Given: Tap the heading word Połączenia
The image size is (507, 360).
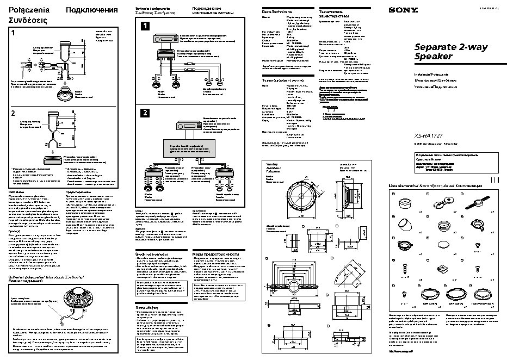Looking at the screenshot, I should point(26,10).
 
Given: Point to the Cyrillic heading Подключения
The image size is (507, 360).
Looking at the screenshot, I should point(91,10).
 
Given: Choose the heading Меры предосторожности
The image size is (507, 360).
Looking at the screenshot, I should point(216,254).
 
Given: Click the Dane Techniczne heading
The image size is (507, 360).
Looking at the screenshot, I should point(274,10).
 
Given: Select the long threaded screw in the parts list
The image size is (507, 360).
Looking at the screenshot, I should point(404,268).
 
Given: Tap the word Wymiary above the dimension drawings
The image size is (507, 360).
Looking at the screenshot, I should point(271,164).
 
